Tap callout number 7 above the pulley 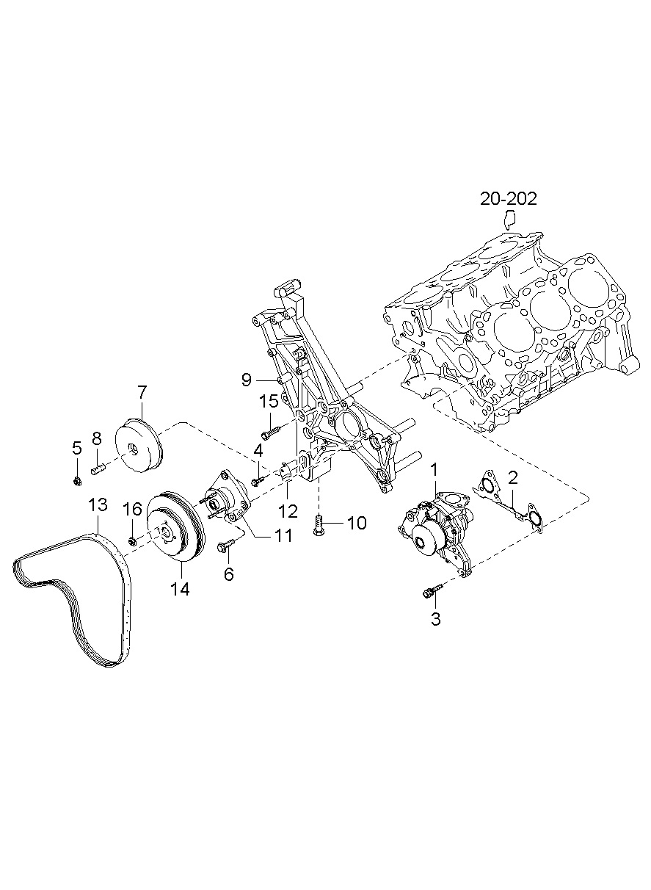click(142, 391)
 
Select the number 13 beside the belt click(98, 505)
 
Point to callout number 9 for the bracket click(246, 379)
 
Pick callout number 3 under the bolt click(435, 618)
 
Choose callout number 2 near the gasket click(513, 478)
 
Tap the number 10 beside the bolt click(356, 523)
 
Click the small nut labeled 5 click(77, 481)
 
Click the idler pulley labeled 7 click(140, 447)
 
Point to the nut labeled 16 click(132, 541)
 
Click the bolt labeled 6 click(225, 546)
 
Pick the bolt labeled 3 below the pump click(432, 590)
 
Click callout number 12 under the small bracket click(288, 509)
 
